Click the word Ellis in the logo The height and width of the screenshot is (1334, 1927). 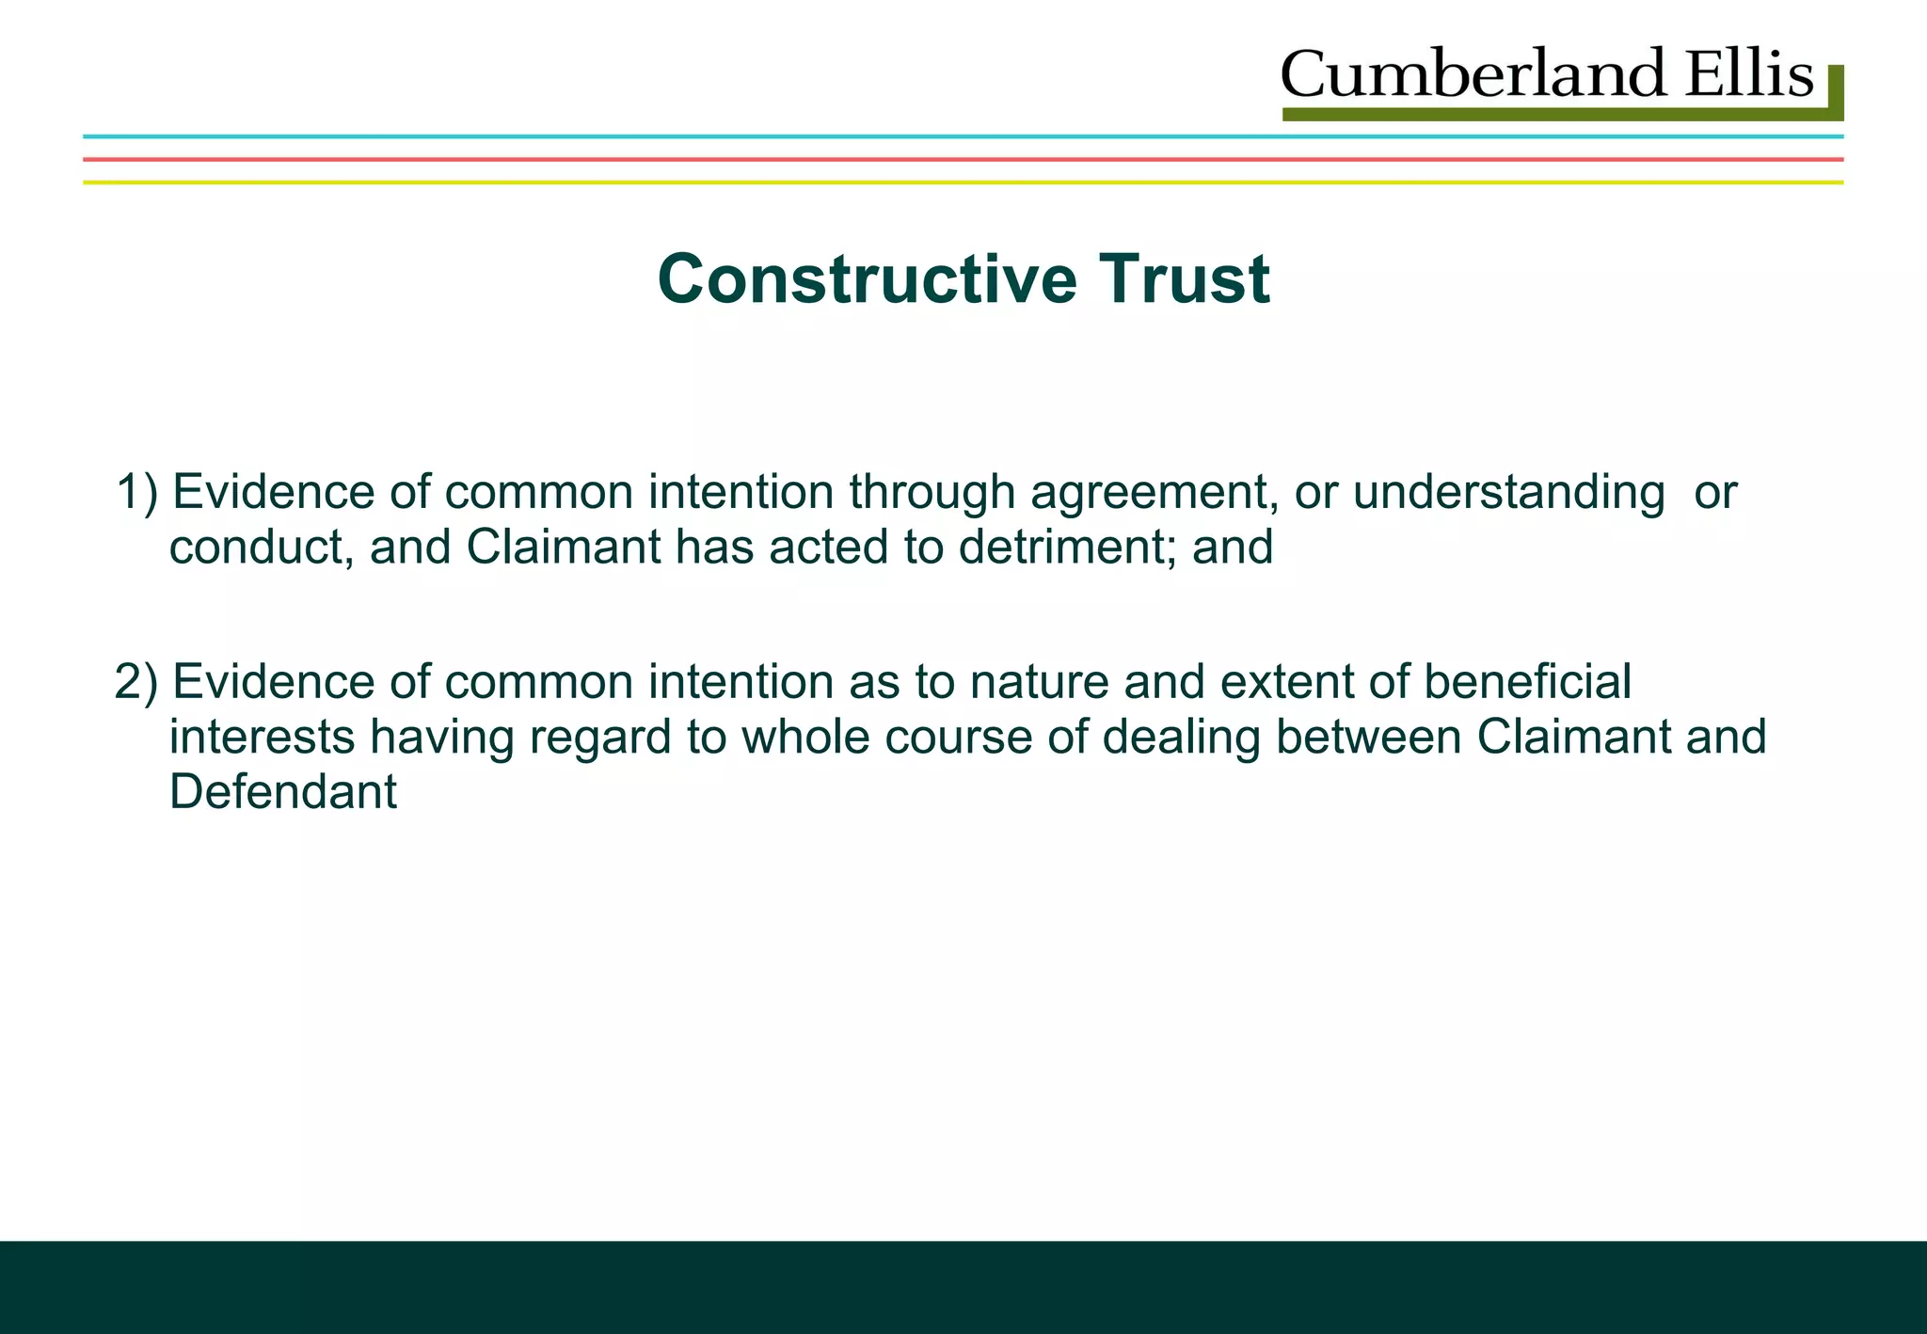pyautogui.click(x=1748, y=75)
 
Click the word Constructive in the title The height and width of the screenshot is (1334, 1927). pyautogui.click(x=866, y=279)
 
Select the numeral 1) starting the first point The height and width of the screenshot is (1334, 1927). pyautogui.click(x=137, y=492)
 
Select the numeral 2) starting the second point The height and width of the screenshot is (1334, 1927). pyautogui.click(x=137, y=682)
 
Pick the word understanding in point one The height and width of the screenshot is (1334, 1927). pyautogui.click(x=1508, y=492)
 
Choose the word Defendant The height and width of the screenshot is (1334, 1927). pyautogui.click(x=283, y=791)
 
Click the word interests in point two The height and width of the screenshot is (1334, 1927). pyautogui.click(x=262, y=737)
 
